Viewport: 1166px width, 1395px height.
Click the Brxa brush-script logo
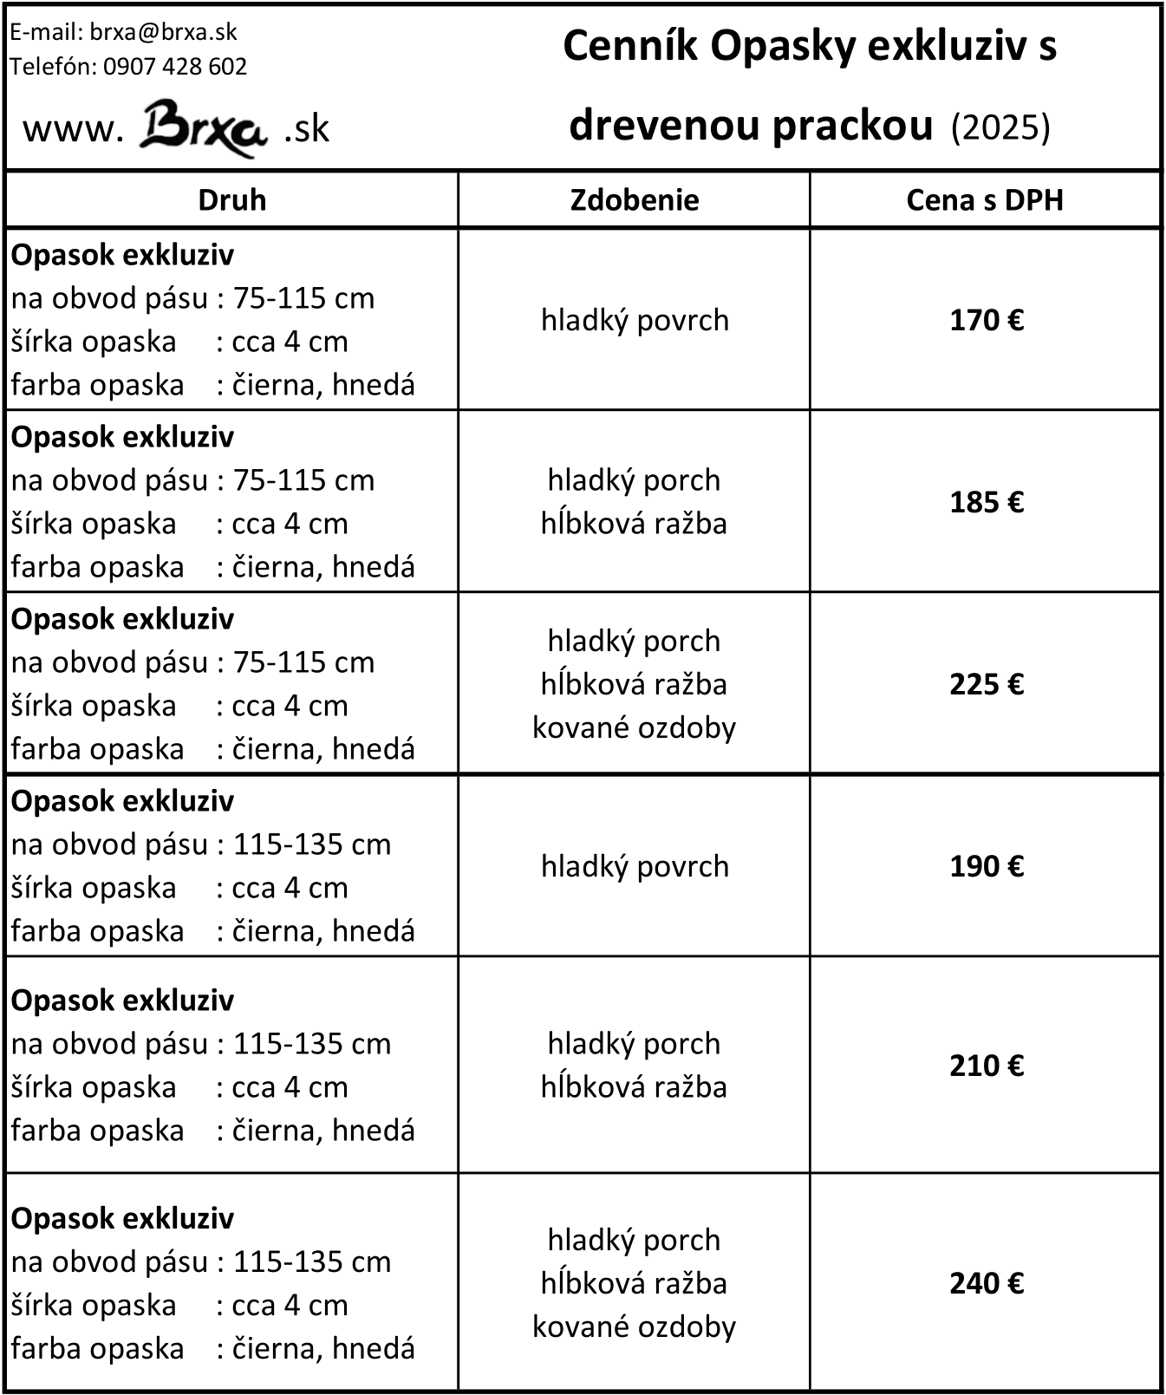coord(203,128)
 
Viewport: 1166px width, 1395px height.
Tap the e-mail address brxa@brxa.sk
coord(164,33)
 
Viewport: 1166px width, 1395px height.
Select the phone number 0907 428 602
coord(175,67)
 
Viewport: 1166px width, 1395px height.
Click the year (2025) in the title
coord(1000,127)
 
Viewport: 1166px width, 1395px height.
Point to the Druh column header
coord(231,200)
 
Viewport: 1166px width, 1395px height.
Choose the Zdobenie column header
coord(635,200)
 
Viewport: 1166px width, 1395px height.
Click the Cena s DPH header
coord(985,200)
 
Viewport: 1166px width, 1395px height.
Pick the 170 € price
coord(987,321)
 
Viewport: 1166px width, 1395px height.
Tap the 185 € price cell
coord(987,503)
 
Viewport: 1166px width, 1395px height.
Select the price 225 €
coord(987,685)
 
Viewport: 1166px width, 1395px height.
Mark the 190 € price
coord(987,867)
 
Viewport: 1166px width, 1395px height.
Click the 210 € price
coord(987,1066)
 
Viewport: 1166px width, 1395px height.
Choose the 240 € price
coord(987,1283)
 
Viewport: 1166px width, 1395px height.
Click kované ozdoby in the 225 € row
coord(634,727)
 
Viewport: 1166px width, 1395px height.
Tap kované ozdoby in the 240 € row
coord(634,1327)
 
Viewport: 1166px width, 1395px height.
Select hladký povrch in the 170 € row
coord(635,321)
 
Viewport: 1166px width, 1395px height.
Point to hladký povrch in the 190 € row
coord(635,867)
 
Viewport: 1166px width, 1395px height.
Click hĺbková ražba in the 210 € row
coord(634,1087)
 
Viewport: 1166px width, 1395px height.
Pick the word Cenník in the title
coord(630,46)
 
